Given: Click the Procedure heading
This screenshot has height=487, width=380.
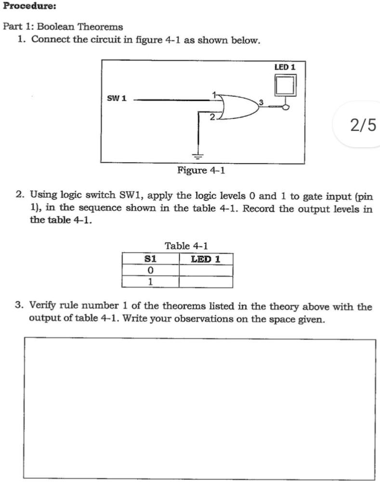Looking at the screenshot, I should [x=29, y=6].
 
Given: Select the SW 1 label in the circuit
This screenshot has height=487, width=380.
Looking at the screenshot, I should [x=117, y=98].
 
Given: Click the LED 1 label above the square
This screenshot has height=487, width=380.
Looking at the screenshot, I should [x=284, y=67].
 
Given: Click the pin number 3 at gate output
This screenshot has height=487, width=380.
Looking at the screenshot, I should [x=261, y=101].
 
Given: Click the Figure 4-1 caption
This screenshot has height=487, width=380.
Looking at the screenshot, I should [x=201, y=171].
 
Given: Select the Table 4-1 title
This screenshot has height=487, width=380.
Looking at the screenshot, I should [x=186, y=246].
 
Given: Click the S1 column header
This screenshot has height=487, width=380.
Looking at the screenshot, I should [x=150, y=259].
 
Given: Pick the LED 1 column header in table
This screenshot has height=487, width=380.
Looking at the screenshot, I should [x=206, y=259].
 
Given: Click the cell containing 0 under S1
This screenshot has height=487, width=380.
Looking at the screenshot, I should [x=150, y=270].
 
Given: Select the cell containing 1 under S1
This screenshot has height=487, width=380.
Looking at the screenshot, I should [x=150, y=282].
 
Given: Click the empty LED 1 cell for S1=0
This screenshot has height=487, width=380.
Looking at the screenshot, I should [x=206, y=270].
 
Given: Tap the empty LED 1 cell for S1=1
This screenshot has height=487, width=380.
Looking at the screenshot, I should [x=206, y=282].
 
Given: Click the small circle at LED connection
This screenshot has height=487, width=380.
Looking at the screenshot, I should [x=286, y=107].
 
